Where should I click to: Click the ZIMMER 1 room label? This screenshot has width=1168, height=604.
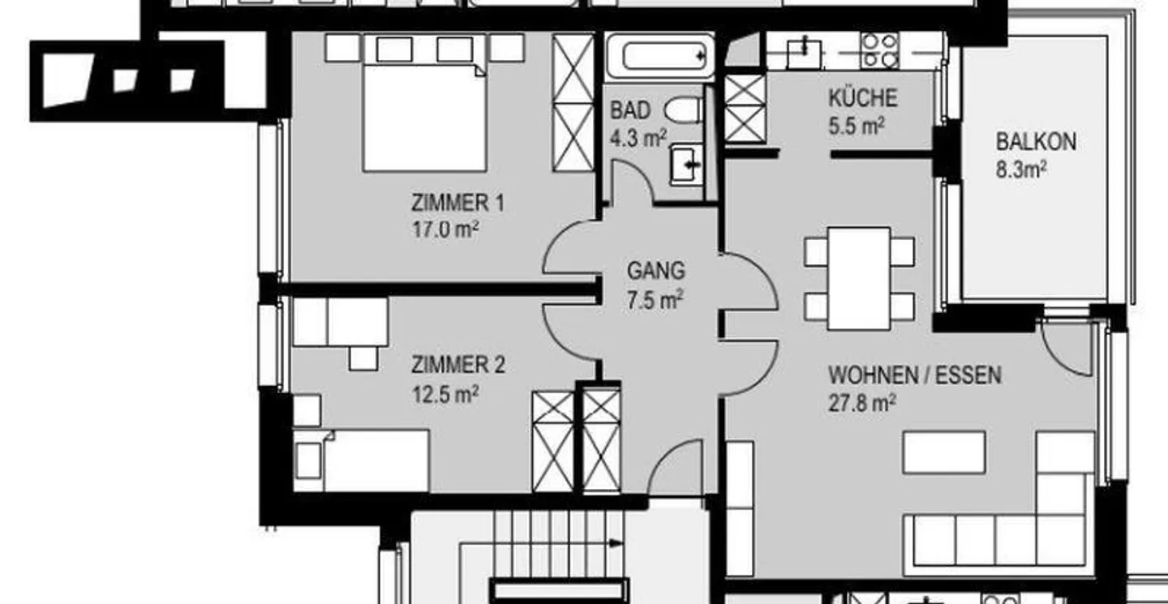point(457,203)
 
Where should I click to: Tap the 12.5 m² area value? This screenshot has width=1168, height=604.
point(445,394)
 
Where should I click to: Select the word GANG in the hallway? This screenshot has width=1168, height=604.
point(655,271)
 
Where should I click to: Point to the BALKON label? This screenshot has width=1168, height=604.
point(1036,142)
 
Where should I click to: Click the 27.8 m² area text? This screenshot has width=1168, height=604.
point(862,403)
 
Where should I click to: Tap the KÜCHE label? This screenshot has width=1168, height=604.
point(863,98)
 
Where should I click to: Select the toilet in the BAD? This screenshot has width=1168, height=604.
point(683,110)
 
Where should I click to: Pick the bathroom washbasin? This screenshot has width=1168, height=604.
point(686,165)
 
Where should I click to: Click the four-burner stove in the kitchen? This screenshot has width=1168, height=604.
point(879,50)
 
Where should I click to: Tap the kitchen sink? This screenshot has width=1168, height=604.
point(804,53)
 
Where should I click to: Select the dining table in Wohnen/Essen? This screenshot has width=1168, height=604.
point(859,278)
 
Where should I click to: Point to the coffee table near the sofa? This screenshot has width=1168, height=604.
point(944,452)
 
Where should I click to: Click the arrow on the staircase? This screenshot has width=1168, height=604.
point(616,543)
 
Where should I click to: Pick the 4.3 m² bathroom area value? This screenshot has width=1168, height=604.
point(638,139)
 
